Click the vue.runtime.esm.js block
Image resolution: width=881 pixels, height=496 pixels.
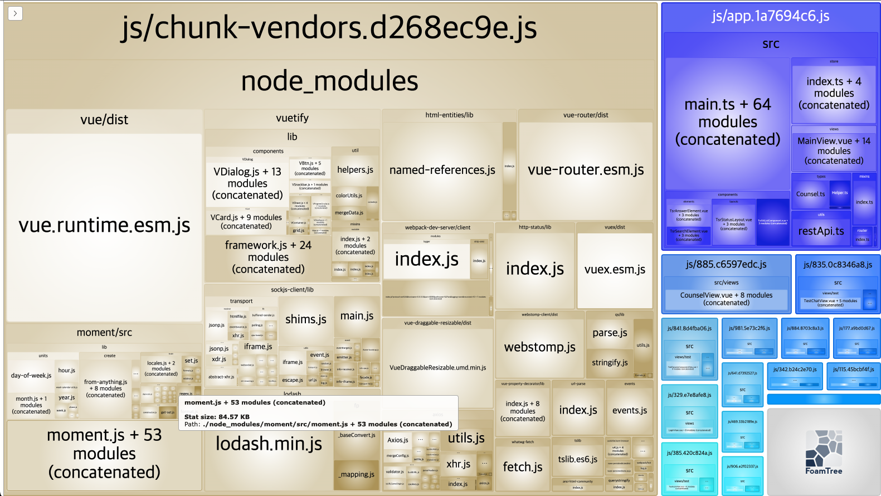[104, 226]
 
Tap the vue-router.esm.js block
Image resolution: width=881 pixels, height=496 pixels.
[586, 170]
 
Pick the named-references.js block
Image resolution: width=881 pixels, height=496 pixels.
[442, 170]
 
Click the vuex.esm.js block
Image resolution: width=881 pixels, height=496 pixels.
[615, 270]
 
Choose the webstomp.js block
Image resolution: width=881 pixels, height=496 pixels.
[539, 347]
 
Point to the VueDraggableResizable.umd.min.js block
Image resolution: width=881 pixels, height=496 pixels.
[437, 367]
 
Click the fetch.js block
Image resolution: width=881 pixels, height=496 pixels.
[522, 467]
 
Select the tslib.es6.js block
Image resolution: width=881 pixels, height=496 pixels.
[577, 459]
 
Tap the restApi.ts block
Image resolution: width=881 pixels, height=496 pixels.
[821, 231]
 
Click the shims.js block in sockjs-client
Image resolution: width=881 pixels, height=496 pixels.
[305, 319]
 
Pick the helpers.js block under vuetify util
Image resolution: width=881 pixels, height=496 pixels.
[355, 170]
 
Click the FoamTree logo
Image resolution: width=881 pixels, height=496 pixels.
[824, 452]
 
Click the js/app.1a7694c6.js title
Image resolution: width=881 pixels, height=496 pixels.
[770, 16]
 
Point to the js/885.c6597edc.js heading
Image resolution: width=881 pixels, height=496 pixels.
[726, 264]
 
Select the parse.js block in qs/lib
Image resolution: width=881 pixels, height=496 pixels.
[610, 333]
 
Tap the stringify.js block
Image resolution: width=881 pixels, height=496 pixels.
[610, 362]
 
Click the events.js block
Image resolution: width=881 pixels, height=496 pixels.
[629, 411]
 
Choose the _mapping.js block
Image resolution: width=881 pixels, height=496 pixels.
[356, 474]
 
